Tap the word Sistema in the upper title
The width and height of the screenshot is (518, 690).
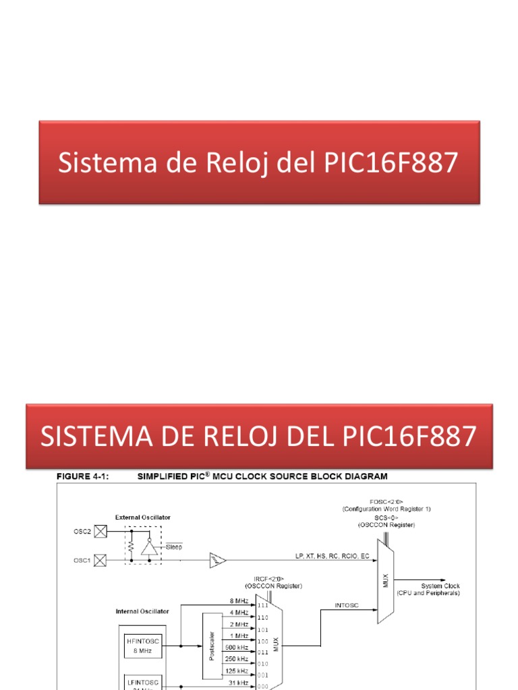coord(96,163)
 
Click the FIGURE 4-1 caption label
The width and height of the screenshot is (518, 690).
coord(80,476)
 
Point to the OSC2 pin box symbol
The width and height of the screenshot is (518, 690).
coord(99,531)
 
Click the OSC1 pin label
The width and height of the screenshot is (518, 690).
coord(81,559)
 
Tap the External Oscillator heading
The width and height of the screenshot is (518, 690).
coord(142,517)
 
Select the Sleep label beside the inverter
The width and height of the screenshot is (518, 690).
coord(174,547)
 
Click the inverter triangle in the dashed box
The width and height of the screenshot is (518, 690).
coord(150,546)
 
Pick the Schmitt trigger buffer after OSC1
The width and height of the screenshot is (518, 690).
coord(217,559)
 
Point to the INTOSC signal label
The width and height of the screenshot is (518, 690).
coord(347,605)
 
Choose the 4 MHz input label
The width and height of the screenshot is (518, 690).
coord(239,612)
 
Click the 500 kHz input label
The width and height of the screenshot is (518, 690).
coord(235,647)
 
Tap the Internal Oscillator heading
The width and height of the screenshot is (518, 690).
coord(141,611)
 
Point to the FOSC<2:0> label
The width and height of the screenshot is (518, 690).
coord(386,501)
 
